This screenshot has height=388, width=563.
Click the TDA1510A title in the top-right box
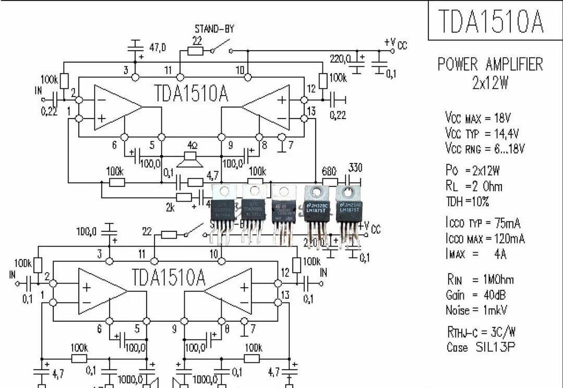[x=491, y=21]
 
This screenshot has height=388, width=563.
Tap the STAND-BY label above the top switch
[x=214, y=29]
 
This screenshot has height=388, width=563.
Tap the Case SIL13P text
[x=481, y=347]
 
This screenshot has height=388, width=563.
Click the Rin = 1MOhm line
[x=480, y=279]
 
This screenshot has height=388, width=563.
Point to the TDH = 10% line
[x=467, y=202]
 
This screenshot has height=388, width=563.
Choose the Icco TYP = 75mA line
[x=483, y=223]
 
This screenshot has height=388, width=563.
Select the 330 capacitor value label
[x=355, y=168]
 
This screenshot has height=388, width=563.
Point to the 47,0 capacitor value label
[x=157, y=48]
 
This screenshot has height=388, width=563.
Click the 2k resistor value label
[x=170, y=208]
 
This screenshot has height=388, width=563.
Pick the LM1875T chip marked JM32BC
[x=317, y=209]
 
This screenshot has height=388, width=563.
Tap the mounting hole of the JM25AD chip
[x=348, y=192]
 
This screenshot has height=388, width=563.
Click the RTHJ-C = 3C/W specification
[x=481, y=332]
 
